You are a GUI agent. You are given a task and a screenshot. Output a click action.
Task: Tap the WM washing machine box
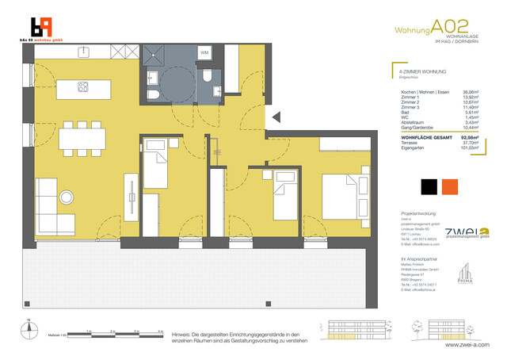204,53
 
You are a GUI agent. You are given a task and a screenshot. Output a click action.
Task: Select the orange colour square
451,188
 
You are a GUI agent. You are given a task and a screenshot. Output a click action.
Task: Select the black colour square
428,188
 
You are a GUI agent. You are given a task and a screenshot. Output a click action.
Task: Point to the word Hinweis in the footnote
182,335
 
